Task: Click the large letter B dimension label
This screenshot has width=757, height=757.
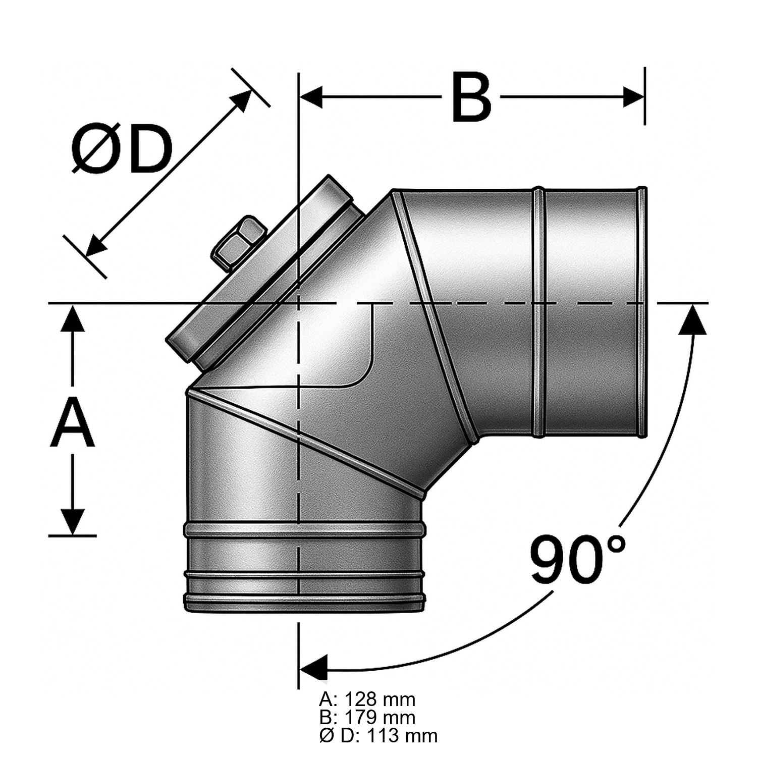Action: tap(471, 98)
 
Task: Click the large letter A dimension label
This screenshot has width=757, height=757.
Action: tap(73, 422)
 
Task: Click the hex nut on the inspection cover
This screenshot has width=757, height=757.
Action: tap(239, 241)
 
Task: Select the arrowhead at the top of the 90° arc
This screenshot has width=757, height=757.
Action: tap(692, 319)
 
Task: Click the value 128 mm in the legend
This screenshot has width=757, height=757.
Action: tap(380, 699)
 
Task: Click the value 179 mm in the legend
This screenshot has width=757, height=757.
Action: tap(380, 717)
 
